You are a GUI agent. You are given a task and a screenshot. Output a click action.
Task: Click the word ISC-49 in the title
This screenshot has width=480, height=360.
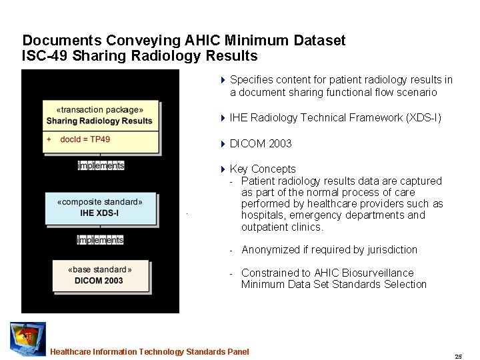coord(45,55)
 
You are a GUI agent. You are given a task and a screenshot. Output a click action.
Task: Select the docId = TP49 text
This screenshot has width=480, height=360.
coord(85,139)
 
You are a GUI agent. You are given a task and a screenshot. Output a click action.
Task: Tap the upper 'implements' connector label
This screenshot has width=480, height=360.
coord(101,165)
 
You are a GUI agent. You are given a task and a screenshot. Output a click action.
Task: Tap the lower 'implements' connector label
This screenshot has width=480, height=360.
coord(100,240)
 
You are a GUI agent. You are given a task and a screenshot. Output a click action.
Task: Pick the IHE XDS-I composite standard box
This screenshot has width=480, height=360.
coord(100,207)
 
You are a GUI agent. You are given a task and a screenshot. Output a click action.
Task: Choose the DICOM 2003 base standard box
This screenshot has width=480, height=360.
coord(100,275)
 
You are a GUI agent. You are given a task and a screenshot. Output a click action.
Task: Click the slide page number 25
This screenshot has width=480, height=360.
coord(458,357)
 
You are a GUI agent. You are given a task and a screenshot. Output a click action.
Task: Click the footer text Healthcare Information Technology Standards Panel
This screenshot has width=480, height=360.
coord(149,351)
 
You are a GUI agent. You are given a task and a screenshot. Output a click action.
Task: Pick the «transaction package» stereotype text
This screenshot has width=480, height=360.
coord(100,109)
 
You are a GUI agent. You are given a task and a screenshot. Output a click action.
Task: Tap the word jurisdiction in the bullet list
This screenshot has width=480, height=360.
coord(387,250)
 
